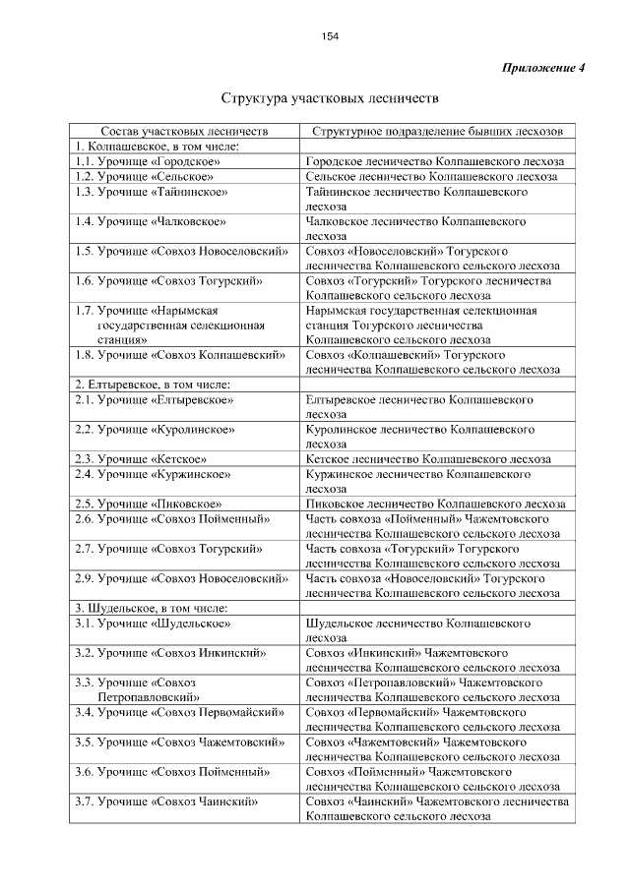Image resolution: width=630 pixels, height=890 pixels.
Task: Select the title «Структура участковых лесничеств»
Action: coord(330,99)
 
